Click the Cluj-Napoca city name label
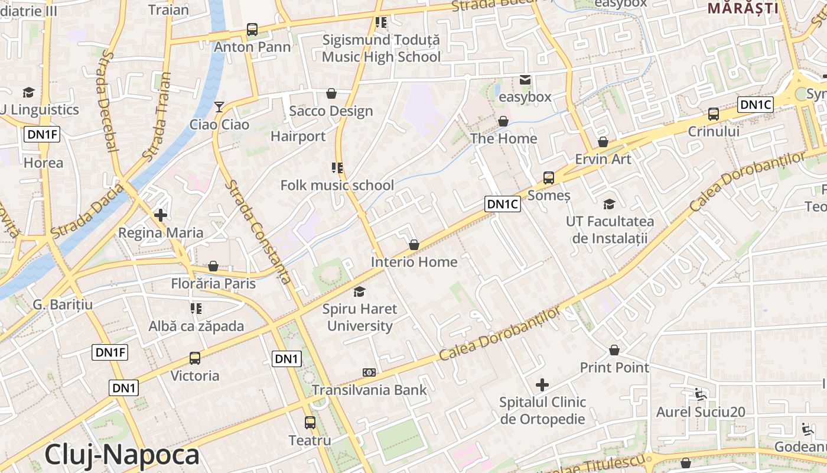pos(122,455)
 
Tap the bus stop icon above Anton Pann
pos(252,29)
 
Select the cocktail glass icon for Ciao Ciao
pos(219,106)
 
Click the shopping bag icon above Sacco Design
pos(331,93)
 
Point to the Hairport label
pos(298,136)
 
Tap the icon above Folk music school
pos(337,168)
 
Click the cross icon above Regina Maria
pos(160,215)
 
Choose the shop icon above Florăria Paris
pos(213,267)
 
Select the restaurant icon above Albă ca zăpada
pos(196,309)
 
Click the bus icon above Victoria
pos(195,358)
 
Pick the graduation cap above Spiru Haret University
pos(359,291)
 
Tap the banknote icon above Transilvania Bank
pos(369,372)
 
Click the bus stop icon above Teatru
pos(310,423)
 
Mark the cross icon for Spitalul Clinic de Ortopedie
pos(542,385)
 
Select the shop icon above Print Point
pos(614,350)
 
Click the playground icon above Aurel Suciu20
pos(701,394)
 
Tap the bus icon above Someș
pos(549,177)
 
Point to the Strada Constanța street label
pos(258,231)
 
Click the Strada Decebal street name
pos(107,101)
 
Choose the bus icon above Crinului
pos(714,114)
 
